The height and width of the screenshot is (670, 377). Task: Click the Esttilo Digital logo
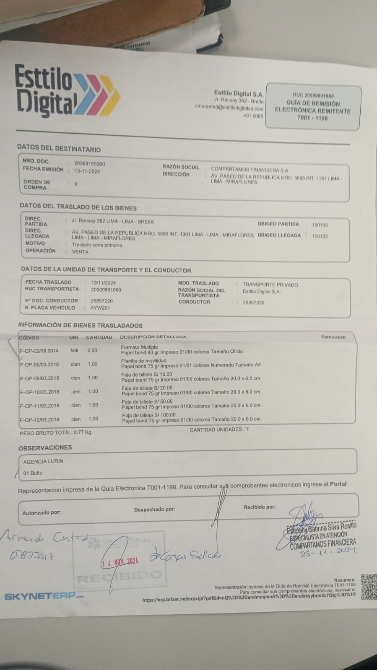pyautogui.click(x=67, y=91)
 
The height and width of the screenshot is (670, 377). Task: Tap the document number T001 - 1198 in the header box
pyautogui.click(x=312, y=118)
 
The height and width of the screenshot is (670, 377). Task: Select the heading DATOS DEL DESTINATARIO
pyautogui.click(x=59, y=149)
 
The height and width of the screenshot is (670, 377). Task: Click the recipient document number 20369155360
pyautogui.click(x=89, y=164)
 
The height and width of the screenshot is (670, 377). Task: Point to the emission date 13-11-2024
pyautogui.click(x=87, y=171)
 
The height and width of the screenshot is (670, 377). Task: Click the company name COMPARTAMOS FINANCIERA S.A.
pyautogui.click(x=250, y=170)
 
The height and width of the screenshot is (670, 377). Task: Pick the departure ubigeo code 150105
pyautogui.click(x=320, y=225)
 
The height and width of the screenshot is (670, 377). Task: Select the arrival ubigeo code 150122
pyautogui.click(x=320, y=236)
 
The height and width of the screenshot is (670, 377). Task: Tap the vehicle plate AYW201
pyautogui.click(x=100, y=308)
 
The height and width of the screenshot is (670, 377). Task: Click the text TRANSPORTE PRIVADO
pyautogui.click(x=270, y=285)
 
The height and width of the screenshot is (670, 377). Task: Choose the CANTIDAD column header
pyautogui.click(x=99, y=337)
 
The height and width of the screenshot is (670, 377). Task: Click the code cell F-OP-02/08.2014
pyautogui.click(x=39, y=351)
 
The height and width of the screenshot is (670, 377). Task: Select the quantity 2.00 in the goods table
pyautogui.click(x=92, y=350)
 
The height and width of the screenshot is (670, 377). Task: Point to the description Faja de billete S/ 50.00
pyautogui.click(x=147, y=401)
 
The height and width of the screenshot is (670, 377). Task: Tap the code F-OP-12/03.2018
pyautogui.click(x=39, y=419)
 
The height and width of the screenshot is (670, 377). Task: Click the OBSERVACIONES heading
pyautogui.click(x=45, y=448)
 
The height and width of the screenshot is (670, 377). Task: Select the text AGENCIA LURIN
pyautogui.click(x=43, y=461)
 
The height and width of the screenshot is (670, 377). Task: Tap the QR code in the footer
pyautogui.click(x=368, y=586)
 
